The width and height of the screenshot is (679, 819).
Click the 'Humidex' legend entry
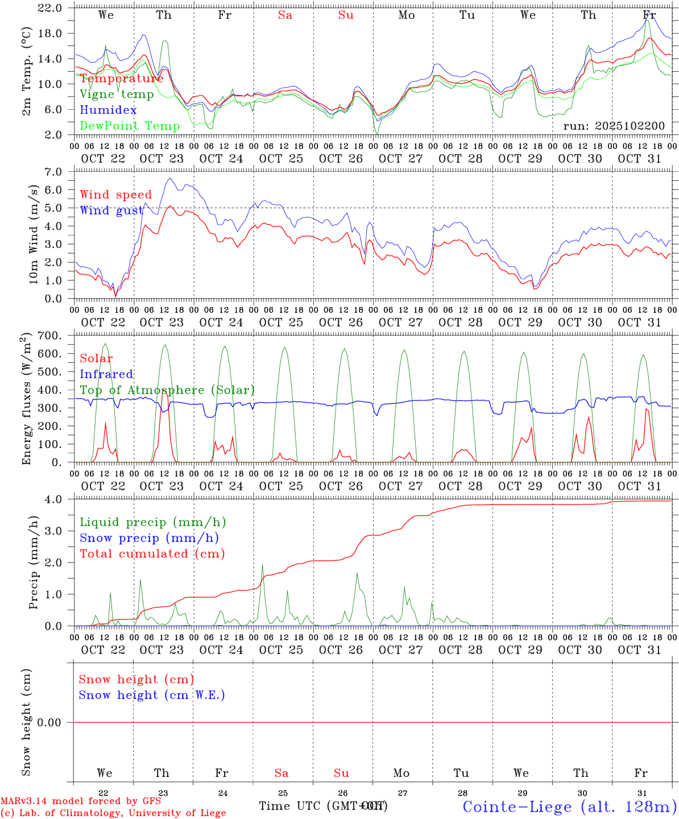108,110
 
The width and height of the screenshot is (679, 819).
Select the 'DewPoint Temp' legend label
130,126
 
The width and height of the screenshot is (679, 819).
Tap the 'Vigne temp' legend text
117,94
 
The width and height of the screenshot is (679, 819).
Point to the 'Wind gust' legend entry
111,210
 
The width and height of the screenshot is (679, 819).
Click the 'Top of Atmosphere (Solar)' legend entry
167,390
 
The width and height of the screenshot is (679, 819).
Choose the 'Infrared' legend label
106,374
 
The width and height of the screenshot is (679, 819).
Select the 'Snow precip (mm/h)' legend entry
149,538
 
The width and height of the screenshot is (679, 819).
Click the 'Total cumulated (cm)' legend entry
152,553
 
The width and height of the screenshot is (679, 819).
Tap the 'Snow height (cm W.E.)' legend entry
152,695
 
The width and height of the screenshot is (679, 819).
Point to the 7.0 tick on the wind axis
57,172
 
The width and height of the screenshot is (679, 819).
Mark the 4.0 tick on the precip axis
57,499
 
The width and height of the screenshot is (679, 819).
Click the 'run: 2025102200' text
614,126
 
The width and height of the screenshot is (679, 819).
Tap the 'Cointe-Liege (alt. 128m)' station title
569,806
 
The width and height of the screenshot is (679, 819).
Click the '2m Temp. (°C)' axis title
26,72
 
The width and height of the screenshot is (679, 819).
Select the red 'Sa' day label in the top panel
285,15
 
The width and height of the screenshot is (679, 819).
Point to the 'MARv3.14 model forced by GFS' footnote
81,801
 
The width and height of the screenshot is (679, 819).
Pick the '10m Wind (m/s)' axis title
34,235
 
